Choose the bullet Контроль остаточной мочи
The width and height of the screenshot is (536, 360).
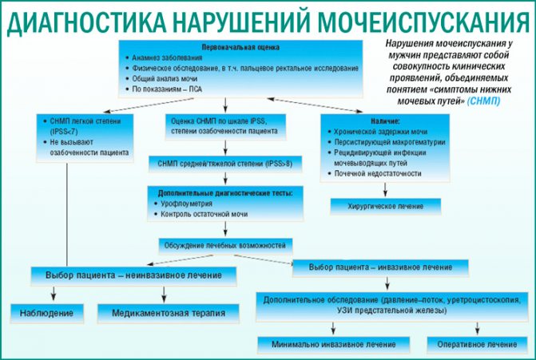(203, 215)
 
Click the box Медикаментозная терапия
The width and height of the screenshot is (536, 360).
(167, 313)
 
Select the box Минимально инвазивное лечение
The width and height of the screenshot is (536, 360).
(328, 344)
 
